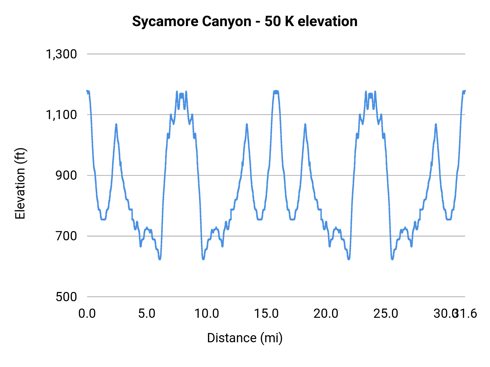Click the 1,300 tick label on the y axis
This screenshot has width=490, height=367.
(61, 54)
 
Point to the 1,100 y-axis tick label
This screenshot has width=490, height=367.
(61, 115)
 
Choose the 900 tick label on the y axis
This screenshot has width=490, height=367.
(66, 175)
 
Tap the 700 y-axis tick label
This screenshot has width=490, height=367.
(66, 236)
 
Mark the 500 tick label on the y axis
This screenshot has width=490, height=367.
(66, 297)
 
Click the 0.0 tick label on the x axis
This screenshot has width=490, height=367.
(87, 313)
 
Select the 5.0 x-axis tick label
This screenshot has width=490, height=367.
(147, 313)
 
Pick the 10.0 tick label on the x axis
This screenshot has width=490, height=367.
(207, 313)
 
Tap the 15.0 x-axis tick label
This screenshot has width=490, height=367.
(266, 313)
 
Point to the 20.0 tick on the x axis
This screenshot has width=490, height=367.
(326, 313)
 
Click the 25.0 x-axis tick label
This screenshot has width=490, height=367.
(386, 313)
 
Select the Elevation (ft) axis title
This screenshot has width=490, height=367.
(20, 183)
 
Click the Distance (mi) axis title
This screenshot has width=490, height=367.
(245, 338)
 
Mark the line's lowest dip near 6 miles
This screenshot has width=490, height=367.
(160, 259)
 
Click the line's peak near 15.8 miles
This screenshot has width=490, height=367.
(276, 91)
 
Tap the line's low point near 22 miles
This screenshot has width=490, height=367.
(349, 259)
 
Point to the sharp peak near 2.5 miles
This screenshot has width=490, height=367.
(116, 125)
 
